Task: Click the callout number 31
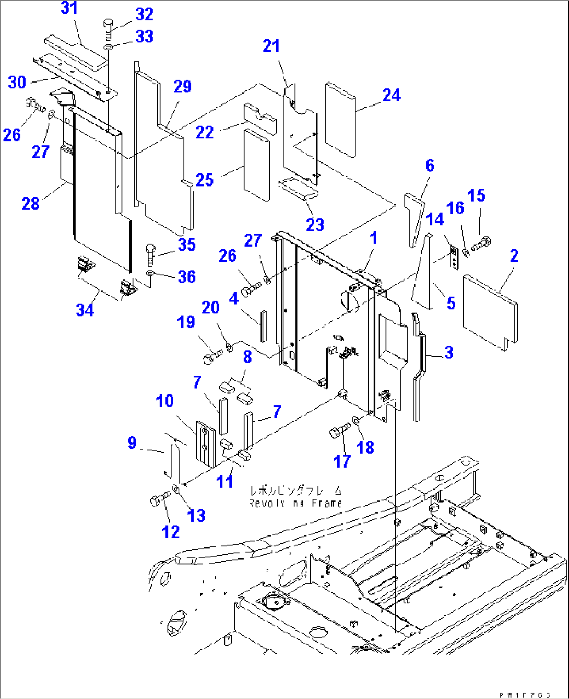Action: pos(69,8)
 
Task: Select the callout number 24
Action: pos(391,95)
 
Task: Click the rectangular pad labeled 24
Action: pos(340,119)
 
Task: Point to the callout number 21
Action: pos(271,46)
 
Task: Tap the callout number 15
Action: pos(476,195)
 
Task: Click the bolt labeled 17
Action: pos(340,432)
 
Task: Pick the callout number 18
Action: pos(365,447)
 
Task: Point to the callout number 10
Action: pos(164,401)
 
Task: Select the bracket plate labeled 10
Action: pos(205,444)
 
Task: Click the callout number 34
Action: pos(85,310)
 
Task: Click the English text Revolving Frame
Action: pos(295,503)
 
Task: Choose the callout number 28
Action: pos(30,203)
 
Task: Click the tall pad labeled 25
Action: pos(256,165)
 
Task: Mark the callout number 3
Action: pos(448,353)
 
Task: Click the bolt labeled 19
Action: pos(212,357)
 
